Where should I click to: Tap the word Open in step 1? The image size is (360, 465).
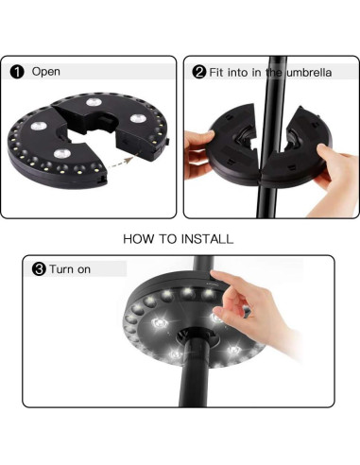(45, 72)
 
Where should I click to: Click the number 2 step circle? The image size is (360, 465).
(199, 72)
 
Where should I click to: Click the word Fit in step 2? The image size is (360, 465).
(217, 72)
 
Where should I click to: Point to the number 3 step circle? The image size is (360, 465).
(39, 269)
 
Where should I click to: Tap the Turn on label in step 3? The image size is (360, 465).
(71, 269)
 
